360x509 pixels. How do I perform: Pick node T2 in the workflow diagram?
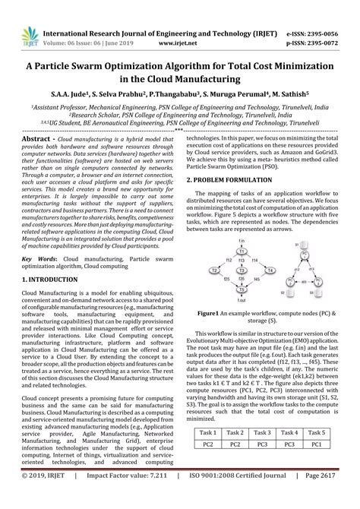coord(216,270)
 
